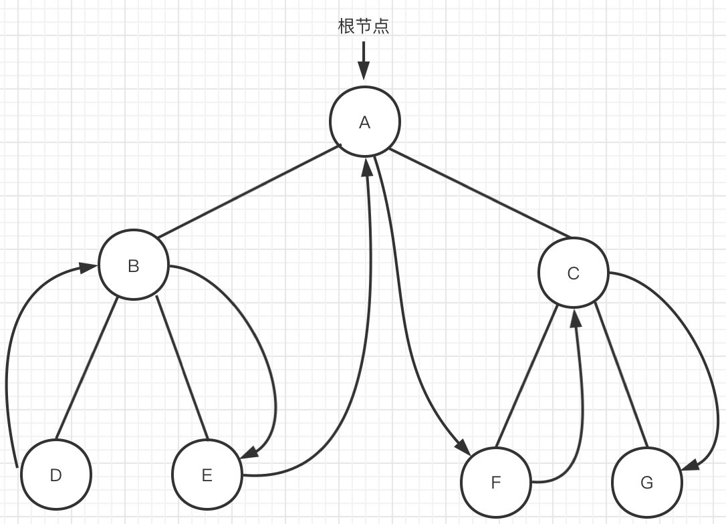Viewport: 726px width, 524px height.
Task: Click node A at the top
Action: click(364, 122)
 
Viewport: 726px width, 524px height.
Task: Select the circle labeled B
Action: click(134, 266)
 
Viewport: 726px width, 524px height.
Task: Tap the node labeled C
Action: click(573, 273)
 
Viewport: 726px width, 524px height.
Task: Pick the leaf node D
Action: click(56, 475)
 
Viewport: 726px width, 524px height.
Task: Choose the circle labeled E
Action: click(207, 475)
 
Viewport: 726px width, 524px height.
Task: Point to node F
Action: click(495, 483)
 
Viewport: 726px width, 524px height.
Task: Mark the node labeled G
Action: click(646, 483)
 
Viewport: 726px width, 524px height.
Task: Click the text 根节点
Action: click(364, 27)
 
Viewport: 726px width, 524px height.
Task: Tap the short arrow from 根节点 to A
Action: click(364, 60)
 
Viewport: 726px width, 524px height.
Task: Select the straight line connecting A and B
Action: click(249, 191)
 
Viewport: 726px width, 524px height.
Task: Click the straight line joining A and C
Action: click(479, 193)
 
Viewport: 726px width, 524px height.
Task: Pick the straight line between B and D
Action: click(87, 369)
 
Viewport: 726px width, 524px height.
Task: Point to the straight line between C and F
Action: click(527, 377)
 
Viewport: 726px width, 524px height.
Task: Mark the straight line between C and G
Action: click(621, 376)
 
